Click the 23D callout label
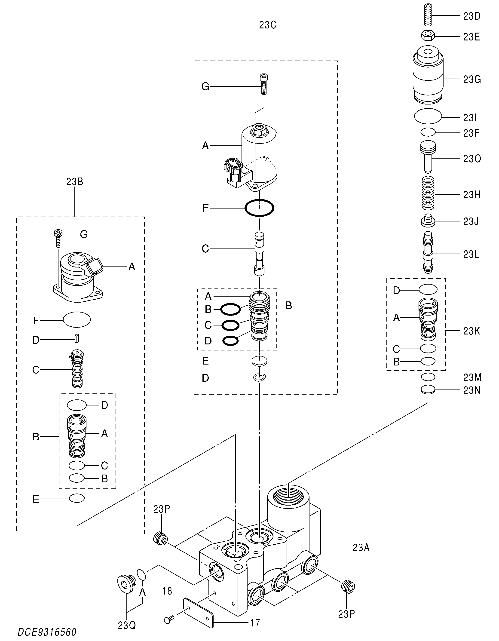pos(472,16)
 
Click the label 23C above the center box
pos(268,25)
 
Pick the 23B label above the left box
pos(75,182)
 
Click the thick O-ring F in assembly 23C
pos(260,208)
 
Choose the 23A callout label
pos(361,547)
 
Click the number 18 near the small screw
pos(167,591)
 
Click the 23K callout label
pos(471,331)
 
